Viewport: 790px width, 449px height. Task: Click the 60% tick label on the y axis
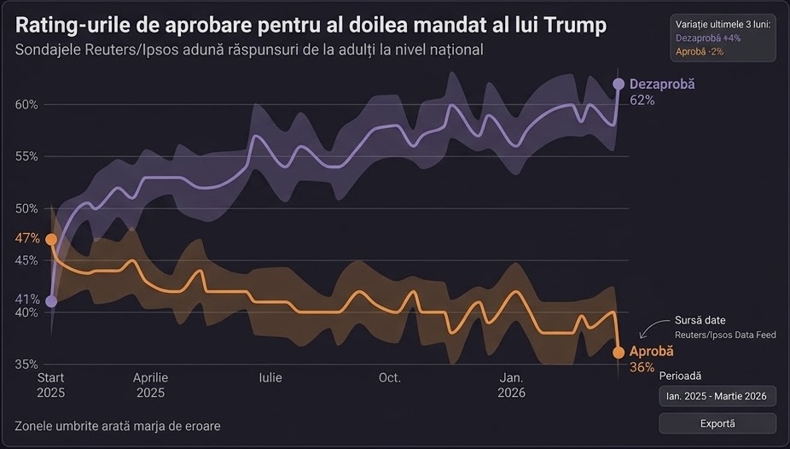tap(26, 104)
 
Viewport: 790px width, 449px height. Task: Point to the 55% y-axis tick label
tap(26, 156)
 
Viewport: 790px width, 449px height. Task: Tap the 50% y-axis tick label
tap(26, 208)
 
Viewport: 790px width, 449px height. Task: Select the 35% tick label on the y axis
tap(26, 364)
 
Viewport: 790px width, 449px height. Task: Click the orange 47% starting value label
tap(27, 238)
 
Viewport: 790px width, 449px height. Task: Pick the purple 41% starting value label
tap(26, 300)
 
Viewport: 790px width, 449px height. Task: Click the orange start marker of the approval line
tap(51, 240)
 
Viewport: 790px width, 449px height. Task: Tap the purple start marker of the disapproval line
tap(51, 300)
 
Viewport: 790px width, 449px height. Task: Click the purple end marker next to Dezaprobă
tap(619, 84)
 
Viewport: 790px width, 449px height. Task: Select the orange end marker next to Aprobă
tap(619, 352)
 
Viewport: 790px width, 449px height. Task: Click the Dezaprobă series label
tap(662, 85)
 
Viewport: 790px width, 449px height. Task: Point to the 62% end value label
tap(642, 100)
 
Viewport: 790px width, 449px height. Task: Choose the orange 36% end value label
tap(642, 368)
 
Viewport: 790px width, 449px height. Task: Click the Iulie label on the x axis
tap(270, 377)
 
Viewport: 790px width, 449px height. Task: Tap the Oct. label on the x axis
tap(390, 377)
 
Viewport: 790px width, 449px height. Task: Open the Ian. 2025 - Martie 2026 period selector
tap(717, 396)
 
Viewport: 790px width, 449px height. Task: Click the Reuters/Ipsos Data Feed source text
tap(725, 335)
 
